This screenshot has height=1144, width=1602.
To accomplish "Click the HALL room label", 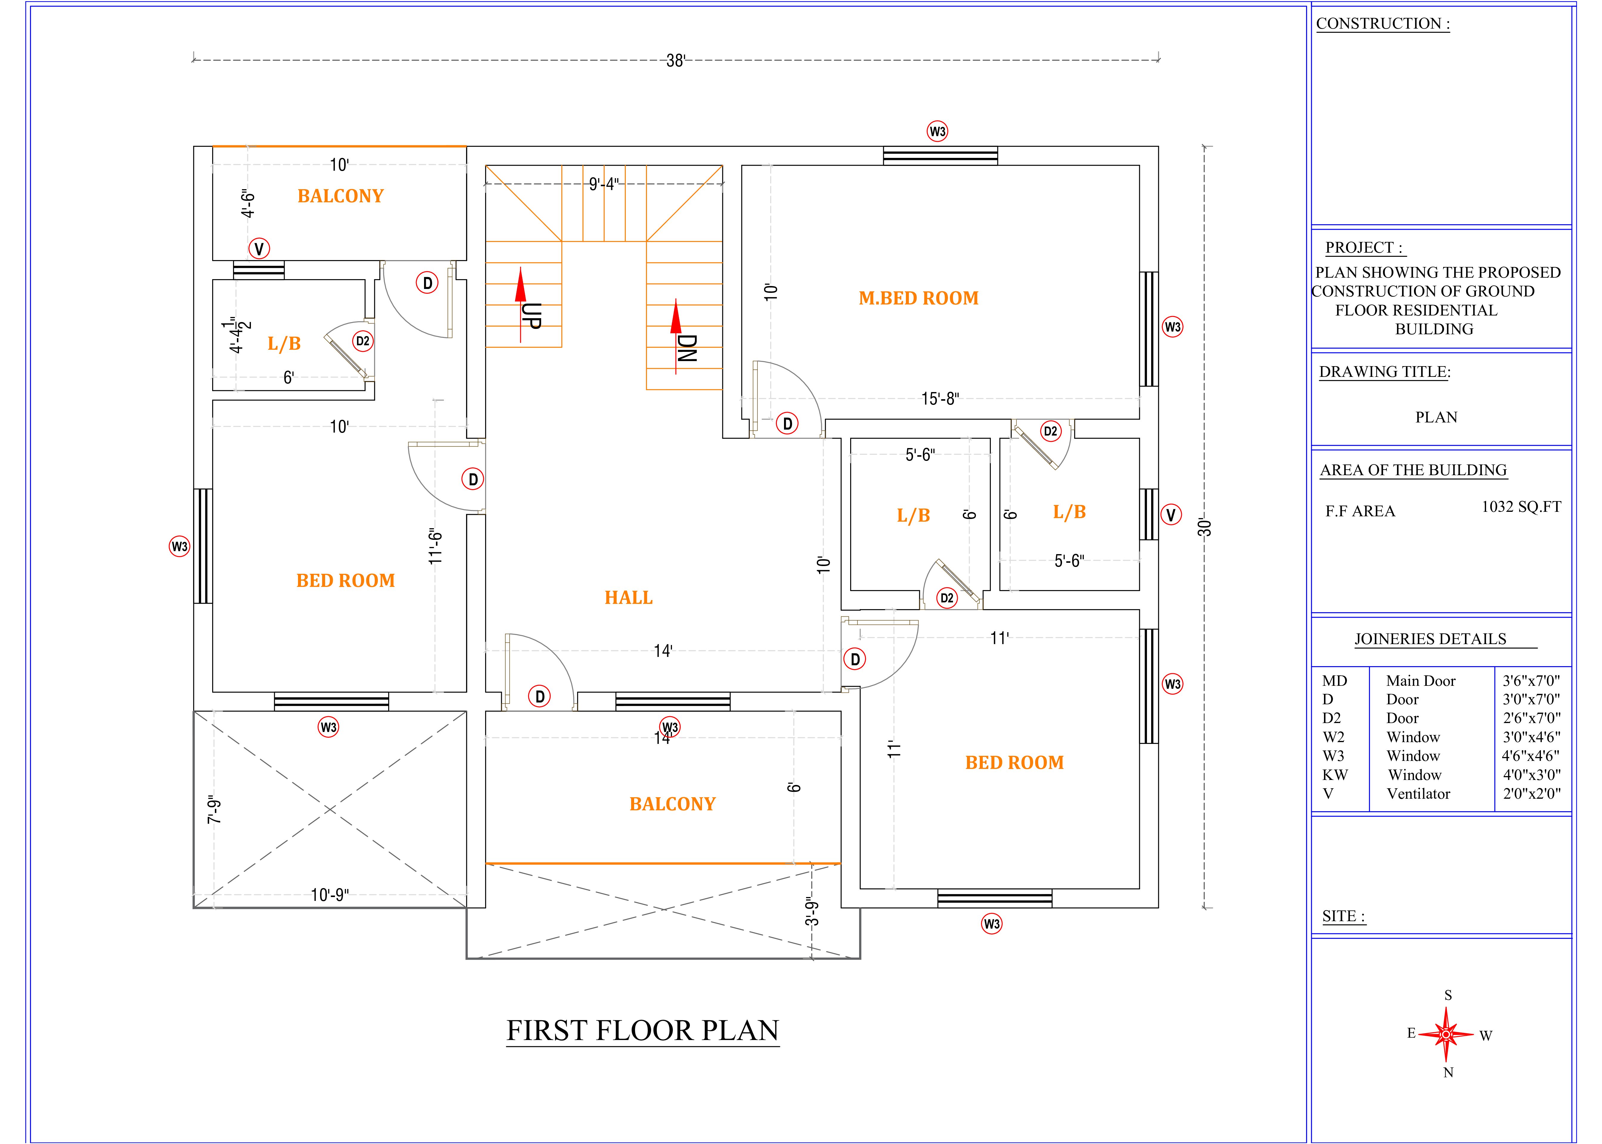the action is (628, 597).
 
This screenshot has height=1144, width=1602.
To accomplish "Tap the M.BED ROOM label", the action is (919, 298).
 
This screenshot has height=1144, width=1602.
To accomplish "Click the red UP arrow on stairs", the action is (521, 304).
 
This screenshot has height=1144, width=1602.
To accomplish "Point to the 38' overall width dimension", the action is (676, 60).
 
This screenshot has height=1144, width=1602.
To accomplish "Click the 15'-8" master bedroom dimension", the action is (940, 399).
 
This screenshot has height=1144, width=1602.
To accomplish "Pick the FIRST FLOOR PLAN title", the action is (642, 1030).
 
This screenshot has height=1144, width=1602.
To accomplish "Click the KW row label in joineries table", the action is (1335, 775).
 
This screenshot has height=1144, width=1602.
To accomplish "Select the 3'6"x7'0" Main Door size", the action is (1532, 680).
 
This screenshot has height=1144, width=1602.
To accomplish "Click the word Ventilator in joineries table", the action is (1418, 794).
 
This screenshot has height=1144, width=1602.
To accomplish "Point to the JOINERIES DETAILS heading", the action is (1430, 639).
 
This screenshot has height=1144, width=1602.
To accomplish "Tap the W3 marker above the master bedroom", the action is (937, 131).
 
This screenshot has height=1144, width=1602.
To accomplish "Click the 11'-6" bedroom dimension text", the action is (436, 546).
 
